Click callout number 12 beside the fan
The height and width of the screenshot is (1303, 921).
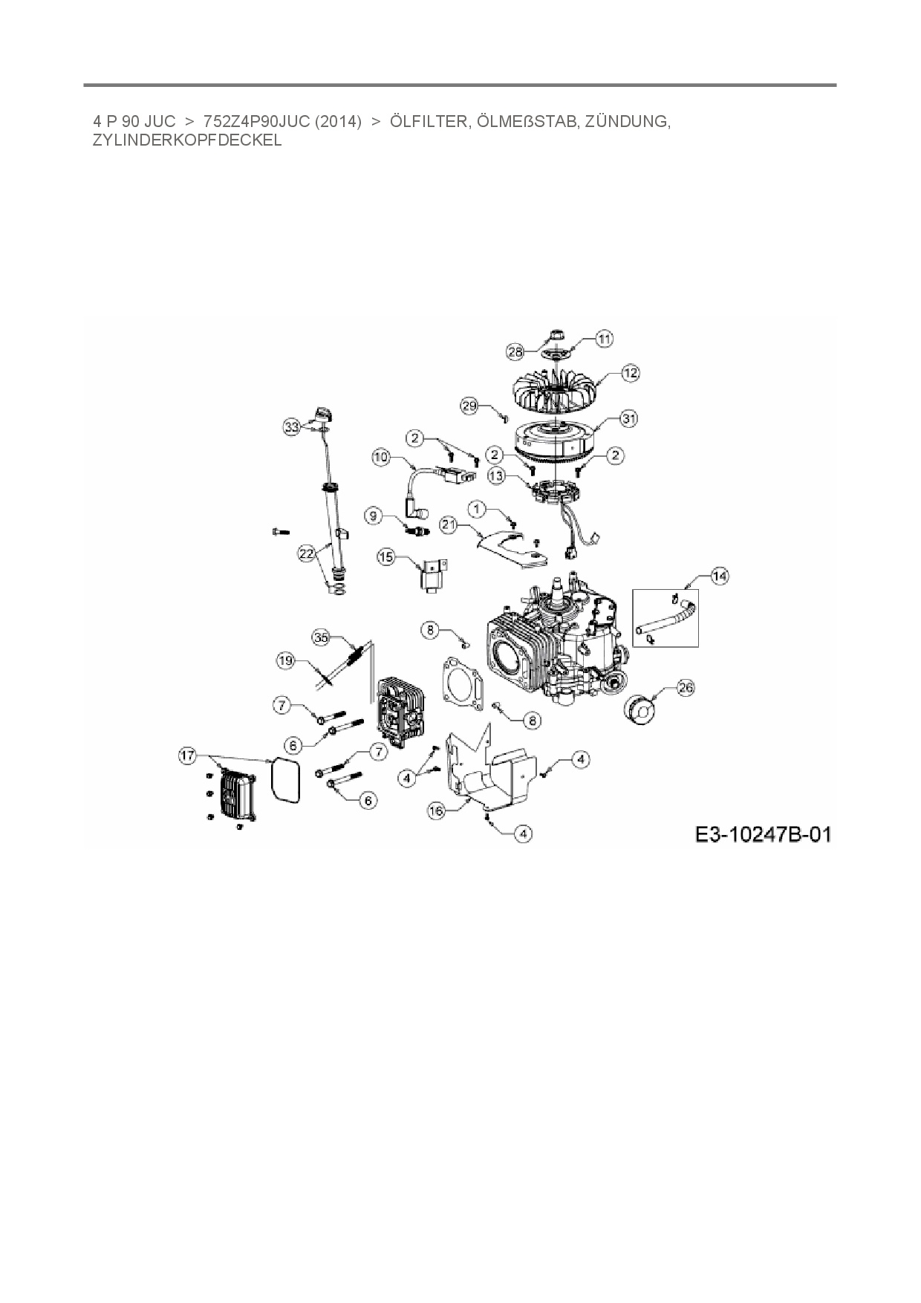tap(630, 373)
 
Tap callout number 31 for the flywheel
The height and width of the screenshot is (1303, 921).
tap(629, 419)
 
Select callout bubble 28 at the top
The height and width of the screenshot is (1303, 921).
tap(515, 351)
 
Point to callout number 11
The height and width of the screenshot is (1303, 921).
tap(605, 339)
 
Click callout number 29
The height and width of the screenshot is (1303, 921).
tap(469, 406)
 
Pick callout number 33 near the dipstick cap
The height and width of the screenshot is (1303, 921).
tap(293, 426)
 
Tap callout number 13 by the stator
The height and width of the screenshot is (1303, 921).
tap(496, 475)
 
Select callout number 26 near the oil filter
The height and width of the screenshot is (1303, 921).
tap(686, 688)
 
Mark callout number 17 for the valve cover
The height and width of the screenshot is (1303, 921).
tap(187, 756)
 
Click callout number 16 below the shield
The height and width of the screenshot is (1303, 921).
tap(437, 810)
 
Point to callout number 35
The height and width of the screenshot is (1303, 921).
tap(321, 637)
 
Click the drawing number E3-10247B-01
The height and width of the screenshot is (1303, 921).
tap(763, 835)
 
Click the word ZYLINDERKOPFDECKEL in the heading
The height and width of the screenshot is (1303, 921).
tap(187, 140)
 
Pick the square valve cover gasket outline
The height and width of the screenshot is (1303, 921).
tap(284, 780)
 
